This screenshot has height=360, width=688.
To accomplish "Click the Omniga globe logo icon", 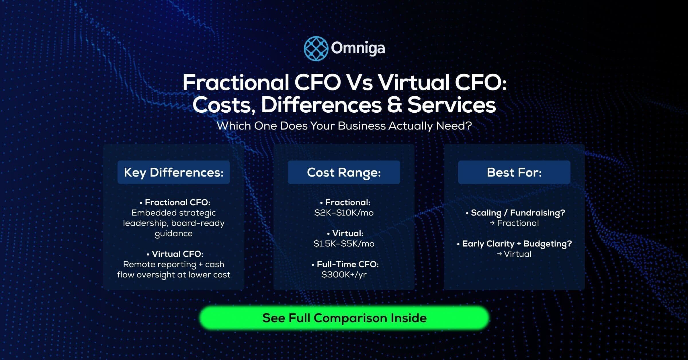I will (x=316, y=48).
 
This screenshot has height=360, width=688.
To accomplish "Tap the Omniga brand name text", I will (x=358, y=48).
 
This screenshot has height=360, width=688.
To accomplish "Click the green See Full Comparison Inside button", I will (x=344, y=318).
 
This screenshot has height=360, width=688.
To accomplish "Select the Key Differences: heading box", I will (x=173, y=172).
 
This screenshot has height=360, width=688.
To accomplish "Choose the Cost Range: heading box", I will (x=344, y=172).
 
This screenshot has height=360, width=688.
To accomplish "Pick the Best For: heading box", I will (x=514, y=172).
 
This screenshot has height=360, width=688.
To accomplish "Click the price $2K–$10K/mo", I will (x=344, y=213).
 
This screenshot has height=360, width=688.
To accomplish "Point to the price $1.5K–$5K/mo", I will (x=344, y=244).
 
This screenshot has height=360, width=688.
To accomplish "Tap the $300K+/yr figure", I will (x=344, y=275).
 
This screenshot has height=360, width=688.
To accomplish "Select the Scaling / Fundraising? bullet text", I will (x=517, y=213).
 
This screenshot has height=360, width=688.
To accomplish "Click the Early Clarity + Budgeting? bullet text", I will (x=517, y=244).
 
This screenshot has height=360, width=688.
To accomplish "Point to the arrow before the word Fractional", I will (x=492, y=223).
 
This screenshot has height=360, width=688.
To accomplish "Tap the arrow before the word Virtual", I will (x=499, y=254).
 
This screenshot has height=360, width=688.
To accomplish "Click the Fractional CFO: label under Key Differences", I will (x=177, y=202).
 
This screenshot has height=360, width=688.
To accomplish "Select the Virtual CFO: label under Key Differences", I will (x=177, y=254).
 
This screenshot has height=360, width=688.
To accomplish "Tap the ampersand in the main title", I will (x=394, y=105).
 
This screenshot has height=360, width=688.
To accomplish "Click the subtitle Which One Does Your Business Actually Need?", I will (x=344, y=126).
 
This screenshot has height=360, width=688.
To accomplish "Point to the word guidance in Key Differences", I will (x=173, y=234).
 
